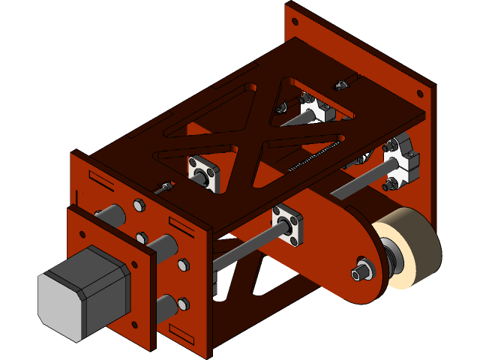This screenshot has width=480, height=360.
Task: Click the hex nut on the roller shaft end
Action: pyautogui.click(x=361, y=271)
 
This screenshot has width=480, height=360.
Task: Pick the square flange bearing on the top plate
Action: pyautogui.click(x=204, y=172)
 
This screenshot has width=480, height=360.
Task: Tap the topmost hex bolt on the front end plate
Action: pyautogui.click(x=139, y=205)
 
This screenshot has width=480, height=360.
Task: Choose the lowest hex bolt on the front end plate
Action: pyautogui.click(x=183, y=304)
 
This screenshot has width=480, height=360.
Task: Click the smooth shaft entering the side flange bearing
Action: pyautogui.click(x=247, y=248)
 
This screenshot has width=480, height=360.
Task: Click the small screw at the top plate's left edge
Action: pyautogui.click(x=164, y=187)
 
